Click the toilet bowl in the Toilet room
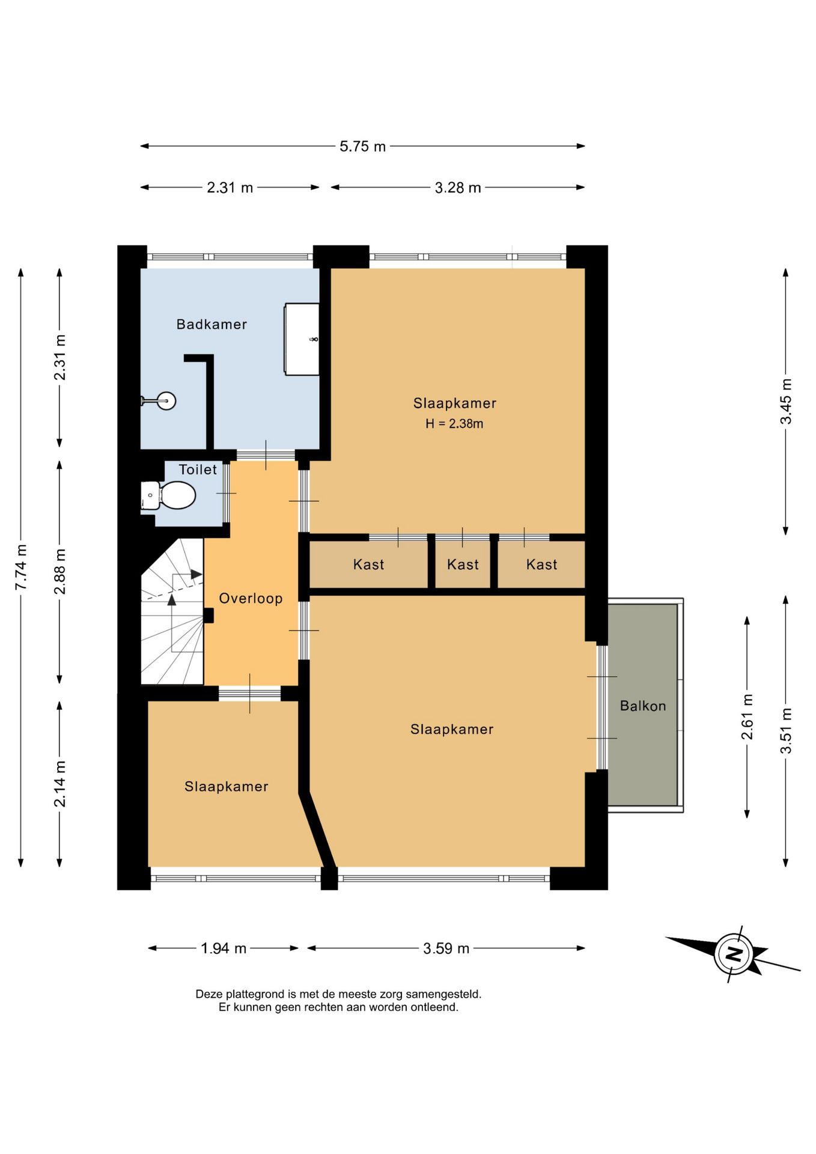(178, 496)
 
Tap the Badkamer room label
(212, 325)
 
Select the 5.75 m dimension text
(362, 146)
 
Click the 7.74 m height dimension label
(22, 567)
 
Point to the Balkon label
(643, 706)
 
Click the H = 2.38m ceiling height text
(454, 424)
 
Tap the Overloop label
(251, 598)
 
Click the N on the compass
(733, 953)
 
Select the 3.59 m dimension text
(446, 948)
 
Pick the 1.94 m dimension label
(224, 948)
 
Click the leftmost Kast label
(368, 564)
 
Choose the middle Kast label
(463, 564)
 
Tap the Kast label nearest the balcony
(541, 564)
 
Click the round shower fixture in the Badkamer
(166, 400)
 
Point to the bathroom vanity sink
(302, 340)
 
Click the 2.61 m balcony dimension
(747, 717)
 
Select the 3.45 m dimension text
(786, 401)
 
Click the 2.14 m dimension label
(60, 784)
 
